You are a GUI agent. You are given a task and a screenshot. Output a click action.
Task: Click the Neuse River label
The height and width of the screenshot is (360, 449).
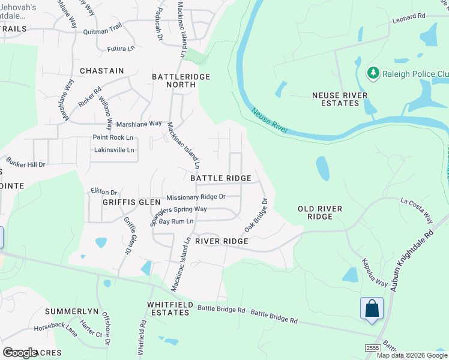270,121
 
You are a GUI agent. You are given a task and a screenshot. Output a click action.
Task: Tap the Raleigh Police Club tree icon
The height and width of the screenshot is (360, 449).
373,73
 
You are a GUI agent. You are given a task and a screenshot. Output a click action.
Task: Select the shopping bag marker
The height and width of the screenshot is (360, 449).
372,308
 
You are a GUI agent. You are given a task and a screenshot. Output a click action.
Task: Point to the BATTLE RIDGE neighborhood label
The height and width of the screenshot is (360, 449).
221,178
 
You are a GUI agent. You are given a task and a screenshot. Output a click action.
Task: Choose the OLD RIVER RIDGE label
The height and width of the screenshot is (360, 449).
320,212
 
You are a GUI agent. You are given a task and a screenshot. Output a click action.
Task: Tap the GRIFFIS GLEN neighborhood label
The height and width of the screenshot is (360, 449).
114,202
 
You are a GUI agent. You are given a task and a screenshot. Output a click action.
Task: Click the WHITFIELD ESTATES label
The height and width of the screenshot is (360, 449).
169,308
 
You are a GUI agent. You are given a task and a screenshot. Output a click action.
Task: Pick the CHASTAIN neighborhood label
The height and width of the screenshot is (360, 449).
101,71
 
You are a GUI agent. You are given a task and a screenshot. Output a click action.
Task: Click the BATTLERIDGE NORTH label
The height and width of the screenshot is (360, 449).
174,80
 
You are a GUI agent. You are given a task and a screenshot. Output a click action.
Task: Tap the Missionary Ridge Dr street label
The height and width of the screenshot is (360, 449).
196,197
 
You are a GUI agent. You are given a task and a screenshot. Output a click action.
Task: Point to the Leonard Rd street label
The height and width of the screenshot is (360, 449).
409,19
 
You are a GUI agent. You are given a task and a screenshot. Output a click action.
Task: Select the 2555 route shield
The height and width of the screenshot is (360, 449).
372,348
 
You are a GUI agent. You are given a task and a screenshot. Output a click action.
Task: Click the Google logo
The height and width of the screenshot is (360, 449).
20,352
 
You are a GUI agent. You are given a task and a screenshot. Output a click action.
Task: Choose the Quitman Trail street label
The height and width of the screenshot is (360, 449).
103,25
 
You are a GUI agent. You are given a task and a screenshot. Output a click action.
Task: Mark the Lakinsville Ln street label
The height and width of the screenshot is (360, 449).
114,149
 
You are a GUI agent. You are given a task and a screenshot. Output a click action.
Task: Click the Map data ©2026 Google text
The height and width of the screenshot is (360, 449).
412,355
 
